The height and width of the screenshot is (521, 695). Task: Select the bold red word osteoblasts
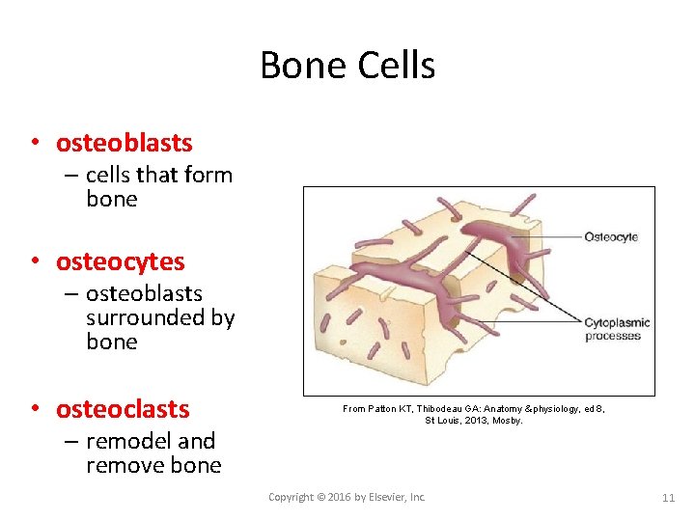tap(125, 143)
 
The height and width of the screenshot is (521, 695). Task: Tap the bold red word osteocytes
tap(121, 261)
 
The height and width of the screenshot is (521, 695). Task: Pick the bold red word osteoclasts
tap(123, 409)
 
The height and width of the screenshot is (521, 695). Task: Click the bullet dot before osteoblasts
tap(34, 143)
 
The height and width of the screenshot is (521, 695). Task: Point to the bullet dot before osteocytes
tap(34, 261)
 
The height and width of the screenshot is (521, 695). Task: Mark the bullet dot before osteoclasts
tap(34, 409)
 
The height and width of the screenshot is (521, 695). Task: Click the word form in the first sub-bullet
tap(210, 175)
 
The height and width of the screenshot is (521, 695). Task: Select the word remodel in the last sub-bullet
tap(128, 441)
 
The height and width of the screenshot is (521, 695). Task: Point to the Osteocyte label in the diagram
tap(610, 236)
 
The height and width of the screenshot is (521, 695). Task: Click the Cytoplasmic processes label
tap(616, 329)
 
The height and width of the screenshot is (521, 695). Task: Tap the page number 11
tap(668, 498)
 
